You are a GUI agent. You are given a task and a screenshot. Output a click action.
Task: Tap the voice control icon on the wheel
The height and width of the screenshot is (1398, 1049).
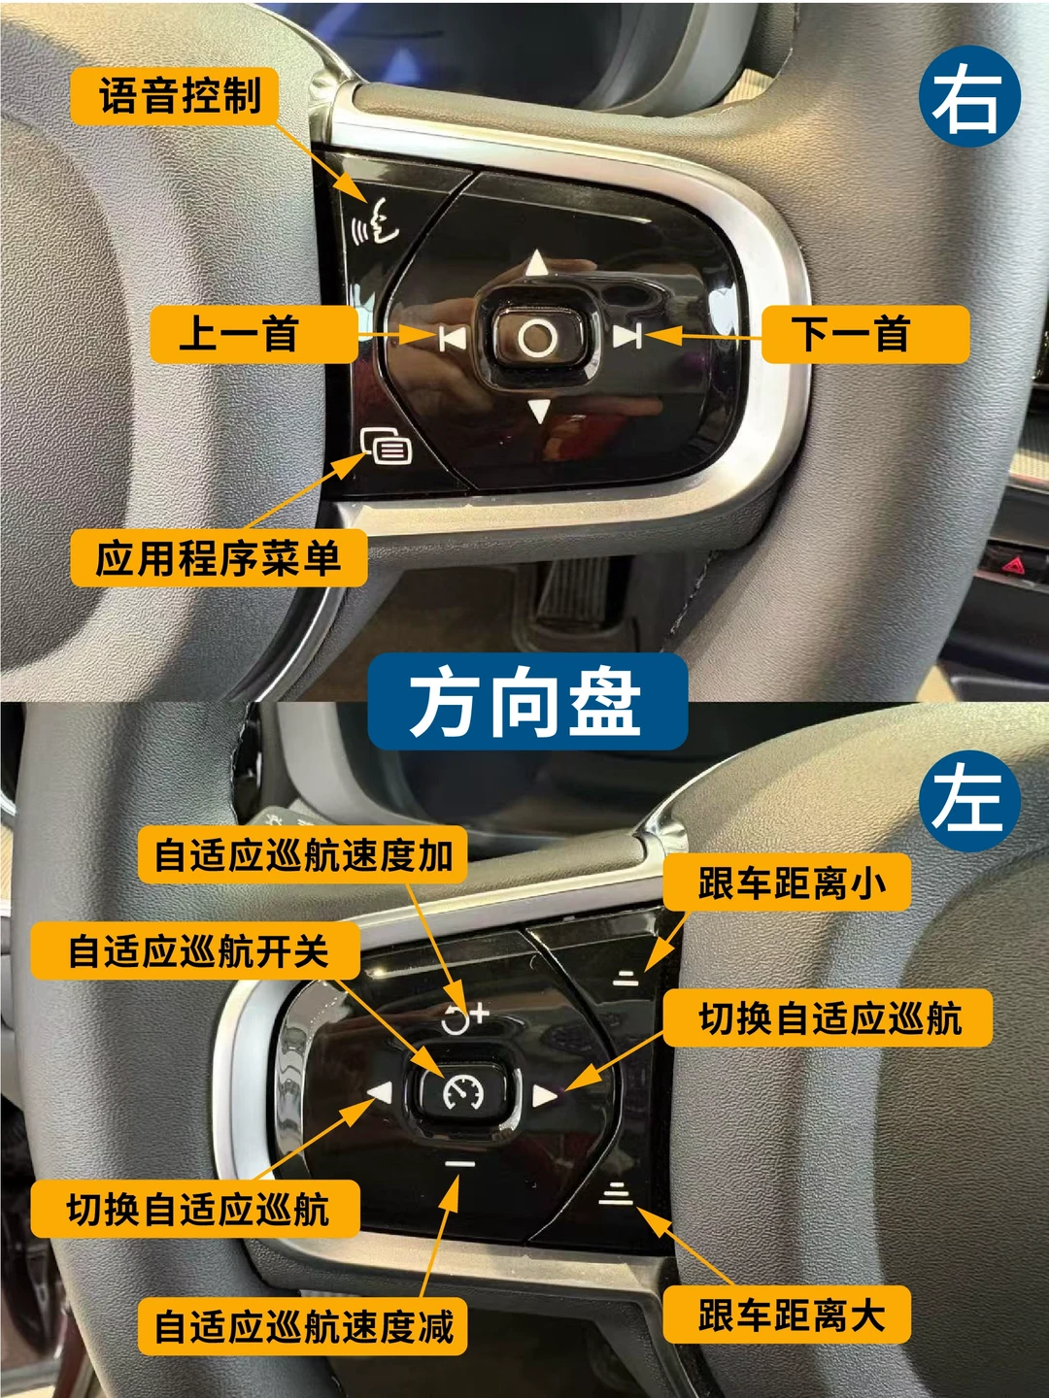pos(376,221)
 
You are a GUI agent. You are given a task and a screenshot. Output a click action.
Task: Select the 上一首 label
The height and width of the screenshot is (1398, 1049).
pos(254,334)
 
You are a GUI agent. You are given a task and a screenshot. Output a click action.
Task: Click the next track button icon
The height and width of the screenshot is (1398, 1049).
pos(626,335)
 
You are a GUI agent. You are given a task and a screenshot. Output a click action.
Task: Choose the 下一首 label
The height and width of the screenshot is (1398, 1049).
pos(865,334)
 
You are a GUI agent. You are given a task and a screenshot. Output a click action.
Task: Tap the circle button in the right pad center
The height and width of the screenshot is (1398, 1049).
pos(537,336)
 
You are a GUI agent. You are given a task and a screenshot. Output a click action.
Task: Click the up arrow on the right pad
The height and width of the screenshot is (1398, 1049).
pos(537,263)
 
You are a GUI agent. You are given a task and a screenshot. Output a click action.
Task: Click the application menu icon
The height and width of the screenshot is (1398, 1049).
pos(386,447)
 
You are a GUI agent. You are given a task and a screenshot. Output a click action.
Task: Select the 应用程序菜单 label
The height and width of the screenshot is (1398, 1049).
pos(219,558)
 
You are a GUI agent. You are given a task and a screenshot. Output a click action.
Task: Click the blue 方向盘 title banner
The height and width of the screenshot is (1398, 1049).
pos(528,702)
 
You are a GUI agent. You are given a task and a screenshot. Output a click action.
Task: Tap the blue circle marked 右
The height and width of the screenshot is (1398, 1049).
pos(970,96)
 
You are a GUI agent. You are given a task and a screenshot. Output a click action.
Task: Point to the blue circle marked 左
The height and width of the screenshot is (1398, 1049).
pos(970,802)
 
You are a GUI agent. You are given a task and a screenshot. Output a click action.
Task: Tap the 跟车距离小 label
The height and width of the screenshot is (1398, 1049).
pos(787,882)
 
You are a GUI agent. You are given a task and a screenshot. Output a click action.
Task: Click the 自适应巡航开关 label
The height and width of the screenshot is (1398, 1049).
pos(195,950)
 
